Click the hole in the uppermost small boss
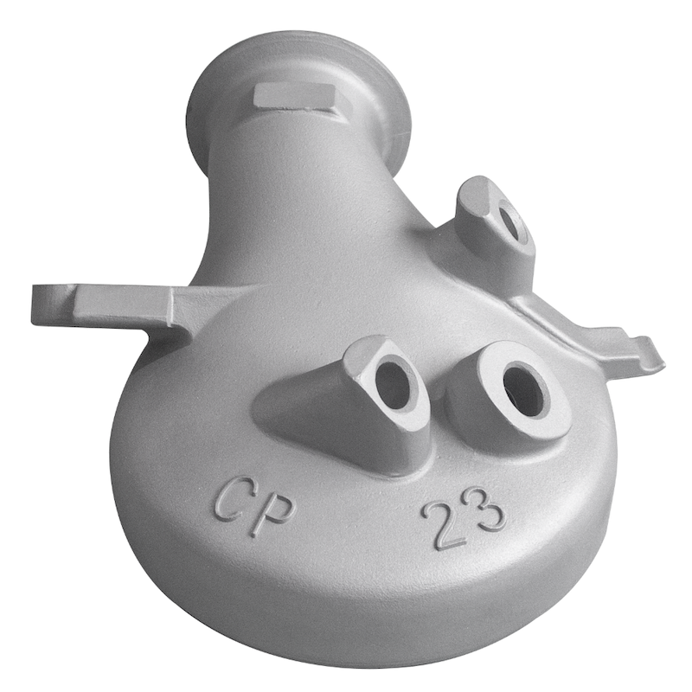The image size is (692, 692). point(512,220)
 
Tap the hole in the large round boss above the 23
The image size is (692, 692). point(526,390)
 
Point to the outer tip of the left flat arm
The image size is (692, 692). point(35,304)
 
